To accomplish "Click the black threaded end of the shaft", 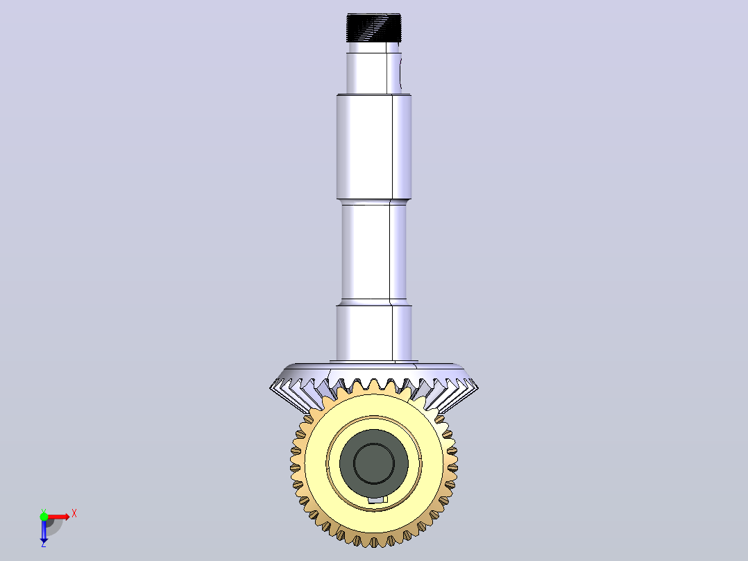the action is coord(373,28).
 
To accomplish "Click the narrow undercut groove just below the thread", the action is coord(373,48).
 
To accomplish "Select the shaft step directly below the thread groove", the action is coord(373,74).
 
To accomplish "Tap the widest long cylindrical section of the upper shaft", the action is coord(373,146).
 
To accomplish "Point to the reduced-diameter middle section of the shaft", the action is coord(373,251).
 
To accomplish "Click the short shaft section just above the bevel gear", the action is coord(373,333).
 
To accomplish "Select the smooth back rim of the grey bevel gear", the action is coord(373,371).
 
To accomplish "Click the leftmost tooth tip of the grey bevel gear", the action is coord(271,388).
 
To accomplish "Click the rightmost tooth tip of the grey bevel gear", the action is coord(477,388).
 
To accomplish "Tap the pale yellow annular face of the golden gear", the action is coord(315,463).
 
